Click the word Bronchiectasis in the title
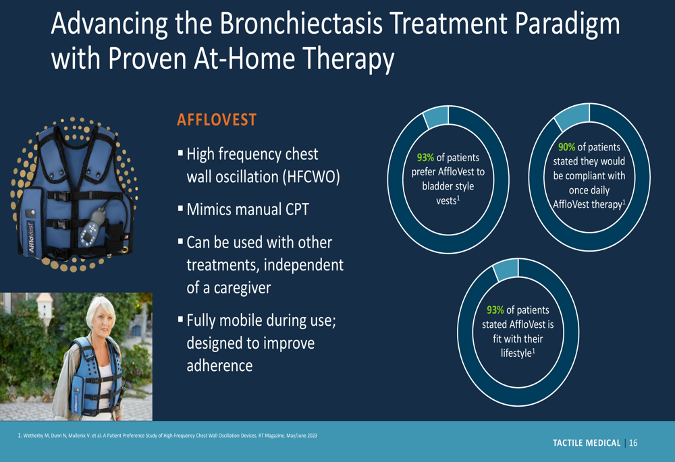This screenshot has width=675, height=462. [301, 24]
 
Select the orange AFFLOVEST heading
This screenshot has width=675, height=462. [217, 120]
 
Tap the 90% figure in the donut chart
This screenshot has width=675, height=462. [566, 147]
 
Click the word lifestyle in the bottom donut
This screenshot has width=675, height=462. [516, 353]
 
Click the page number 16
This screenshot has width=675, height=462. [633, 442]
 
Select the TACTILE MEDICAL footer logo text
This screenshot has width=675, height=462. [587, 442]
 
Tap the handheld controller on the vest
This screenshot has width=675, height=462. [92, 227]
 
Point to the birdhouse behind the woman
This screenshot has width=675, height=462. [45, 306]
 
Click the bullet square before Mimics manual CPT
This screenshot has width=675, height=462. [180, 209]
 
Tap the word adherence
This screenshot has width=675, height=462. [219, 366]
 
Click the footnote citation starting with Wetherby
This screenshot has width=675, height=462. [167, 435]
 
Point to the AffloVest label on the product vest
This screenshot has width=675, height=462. [31, 237]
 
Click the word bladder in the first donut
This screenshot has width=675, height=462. [435, 186]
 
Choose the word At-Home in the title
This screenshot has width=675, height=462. [244, 58]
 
